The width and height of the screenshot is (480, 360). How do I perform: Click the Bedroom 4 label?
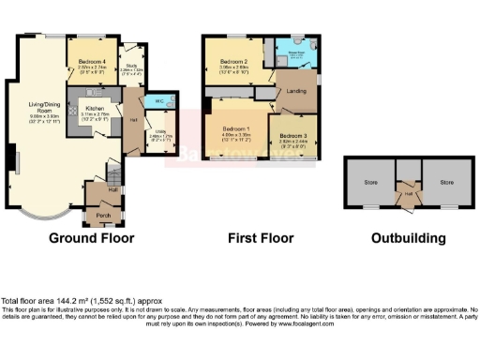pos(91,61)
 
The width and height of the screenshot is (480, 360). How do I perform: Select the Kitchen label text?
pos(95,108)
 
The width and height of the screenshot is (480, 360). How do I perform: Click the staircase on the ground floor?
pos(112,172)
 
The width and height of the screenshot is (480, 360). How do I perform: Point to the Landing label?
pos(297,91)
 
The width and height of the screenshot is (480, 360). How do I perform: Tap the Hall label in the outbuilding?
pos(408,196)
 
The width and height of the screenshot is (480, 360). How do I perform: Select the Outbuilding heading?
pos(408,238)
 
